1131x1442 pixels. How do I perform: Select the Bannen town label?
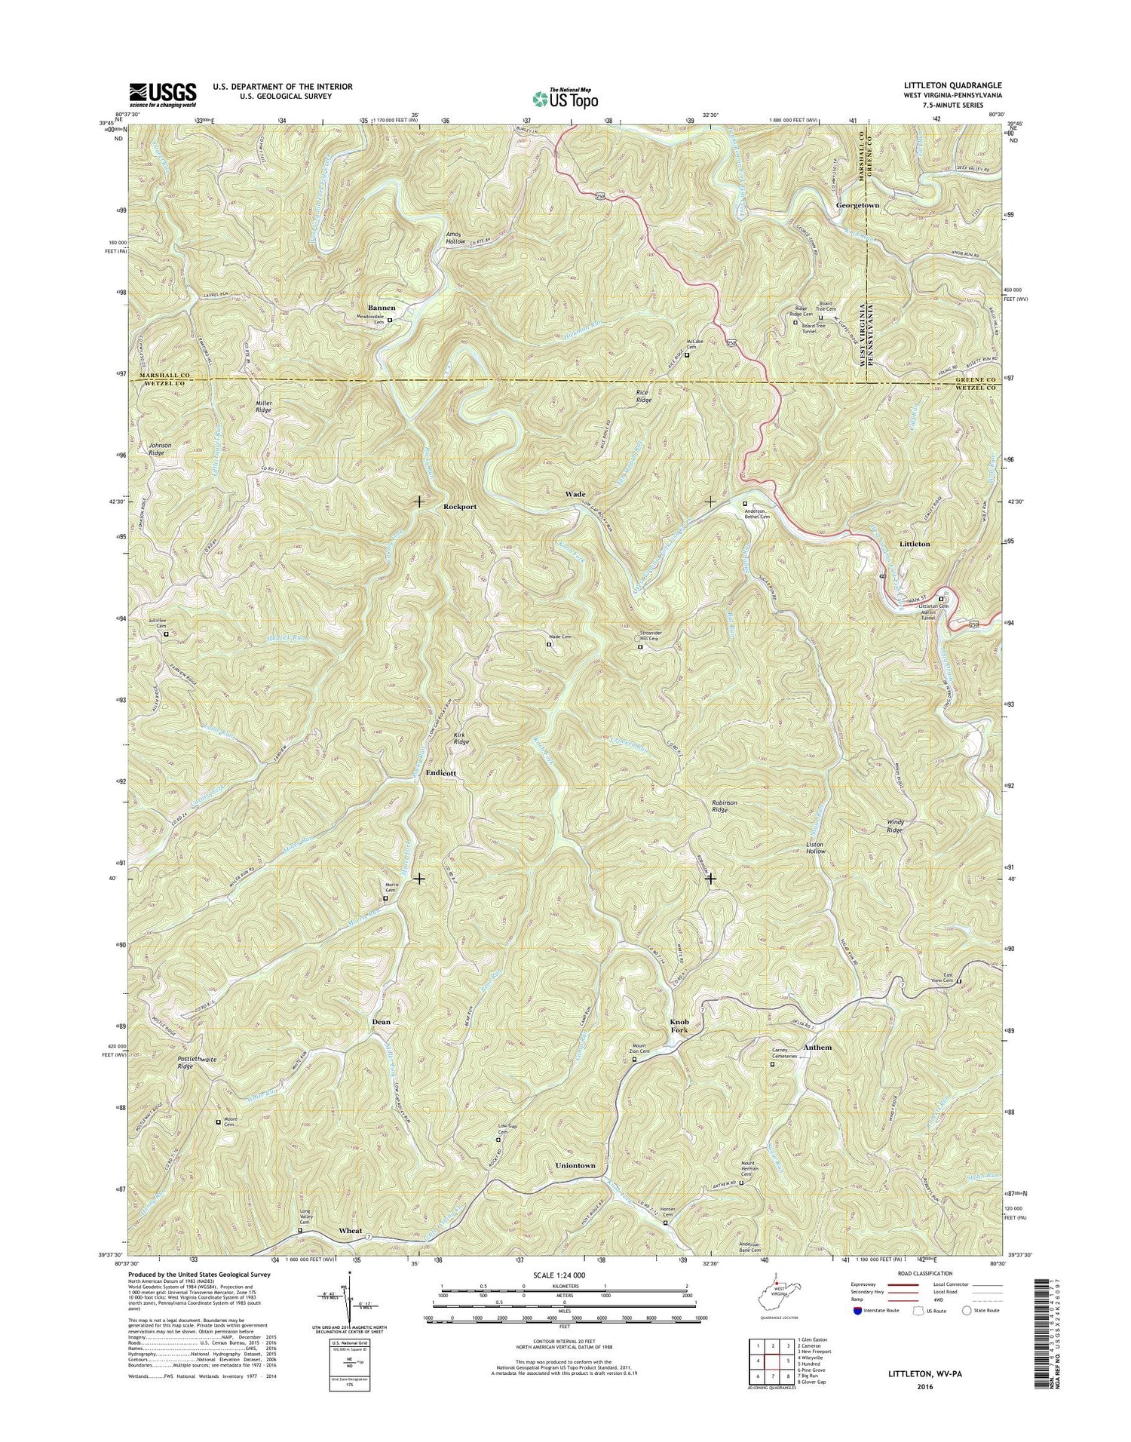382,308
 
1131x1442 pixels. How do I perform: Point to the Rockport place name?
460,507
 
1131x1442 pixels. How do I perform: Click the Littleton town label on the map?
915,544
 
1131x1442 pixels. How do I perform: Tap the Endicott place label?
441,773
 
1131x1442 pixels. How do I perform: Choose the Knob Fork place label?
679,1026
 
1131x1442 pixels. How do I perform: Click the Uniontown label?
575,1165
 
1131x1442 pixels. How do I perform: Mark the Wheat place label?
351,1230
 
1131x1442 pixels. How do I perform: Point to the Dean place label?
382,1022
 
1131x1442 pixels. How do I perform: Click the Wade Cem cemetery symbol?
549,644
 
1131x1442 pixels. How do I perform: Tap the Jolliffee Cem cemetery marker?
166,634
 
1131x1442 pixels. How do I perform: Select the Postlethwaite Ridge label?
197,1063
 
